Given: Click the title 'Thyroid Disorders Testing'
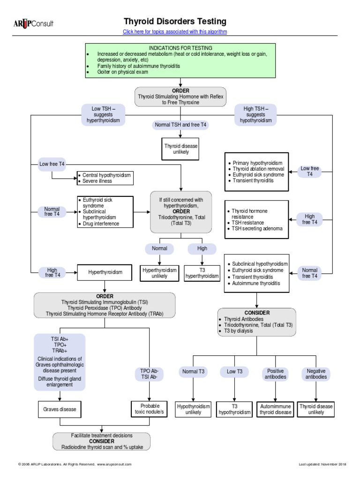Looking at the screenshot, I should click(x=175, y=21).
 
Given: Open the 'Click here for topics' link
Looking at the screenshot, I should click(x=175, y=31).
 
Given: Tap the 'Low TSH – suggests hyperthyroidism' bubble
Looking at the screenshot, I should click(x=103, y=115).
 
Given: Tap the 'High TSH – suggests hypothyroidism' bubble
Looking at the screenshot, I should click(x=255, y=115).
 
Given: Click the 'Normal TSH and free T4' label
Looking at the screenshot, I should click(x=180, y=125).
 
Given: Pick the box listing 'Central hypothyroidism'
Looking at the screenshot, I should click(x=105, y=178).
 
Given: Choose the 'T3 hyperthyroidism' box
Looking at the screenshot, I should click(x=202, y=273).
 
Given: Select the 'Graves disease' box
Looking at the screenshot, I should click(x=60, y=409).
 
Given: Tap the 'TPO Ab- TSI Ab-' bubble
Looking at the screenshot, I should click(x=150, y=374).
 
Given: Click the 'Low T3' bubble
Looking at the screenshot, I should click(x=234, y=372).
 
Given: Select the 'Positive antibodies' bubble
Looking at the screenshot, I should click(x=276, y=374).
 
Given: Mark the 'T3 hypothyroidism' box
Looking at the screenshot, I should click(x=234, y=409).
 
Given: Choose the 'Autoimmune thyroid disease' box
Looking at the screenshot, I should click(x=276, y=409).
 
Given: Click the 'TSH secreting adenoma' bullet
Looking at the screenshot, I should click(x=257, y=228).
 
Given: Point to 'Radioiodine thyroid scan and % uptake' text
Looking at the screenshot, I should click(x=102, y=447).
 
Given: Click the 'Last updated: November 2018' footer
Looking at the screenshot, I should click(x=322, y=464).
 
